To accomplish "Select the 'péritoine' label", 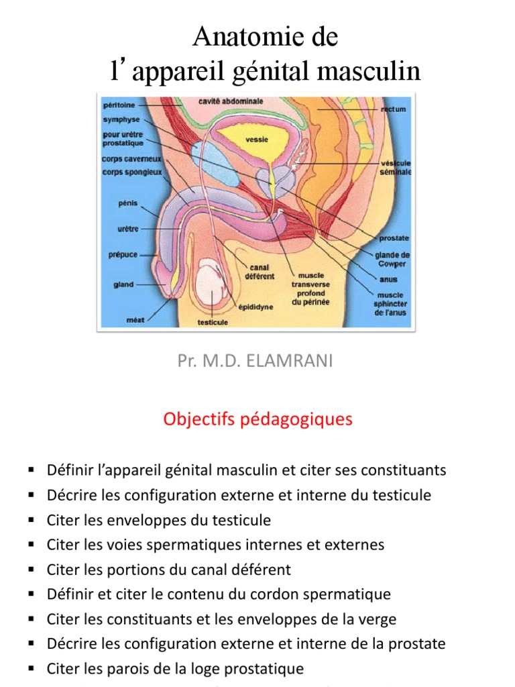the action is pos(119,105).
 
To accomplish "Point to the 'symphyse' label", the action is pos(121,119).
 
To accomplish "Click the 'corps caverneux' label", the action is pos(132,160).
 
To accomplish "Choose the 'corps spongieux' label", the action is pos(132,172).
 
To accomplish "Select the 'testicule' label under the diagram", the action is pos(213,322).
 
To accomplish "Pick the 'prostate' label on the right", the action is pos(394,238).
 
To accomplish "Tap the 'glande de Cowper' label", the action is pos(392,259).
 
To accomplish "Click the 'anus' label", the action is pos(388,279).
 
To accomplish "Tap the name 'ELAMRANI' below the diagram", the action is pos(293,362).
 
